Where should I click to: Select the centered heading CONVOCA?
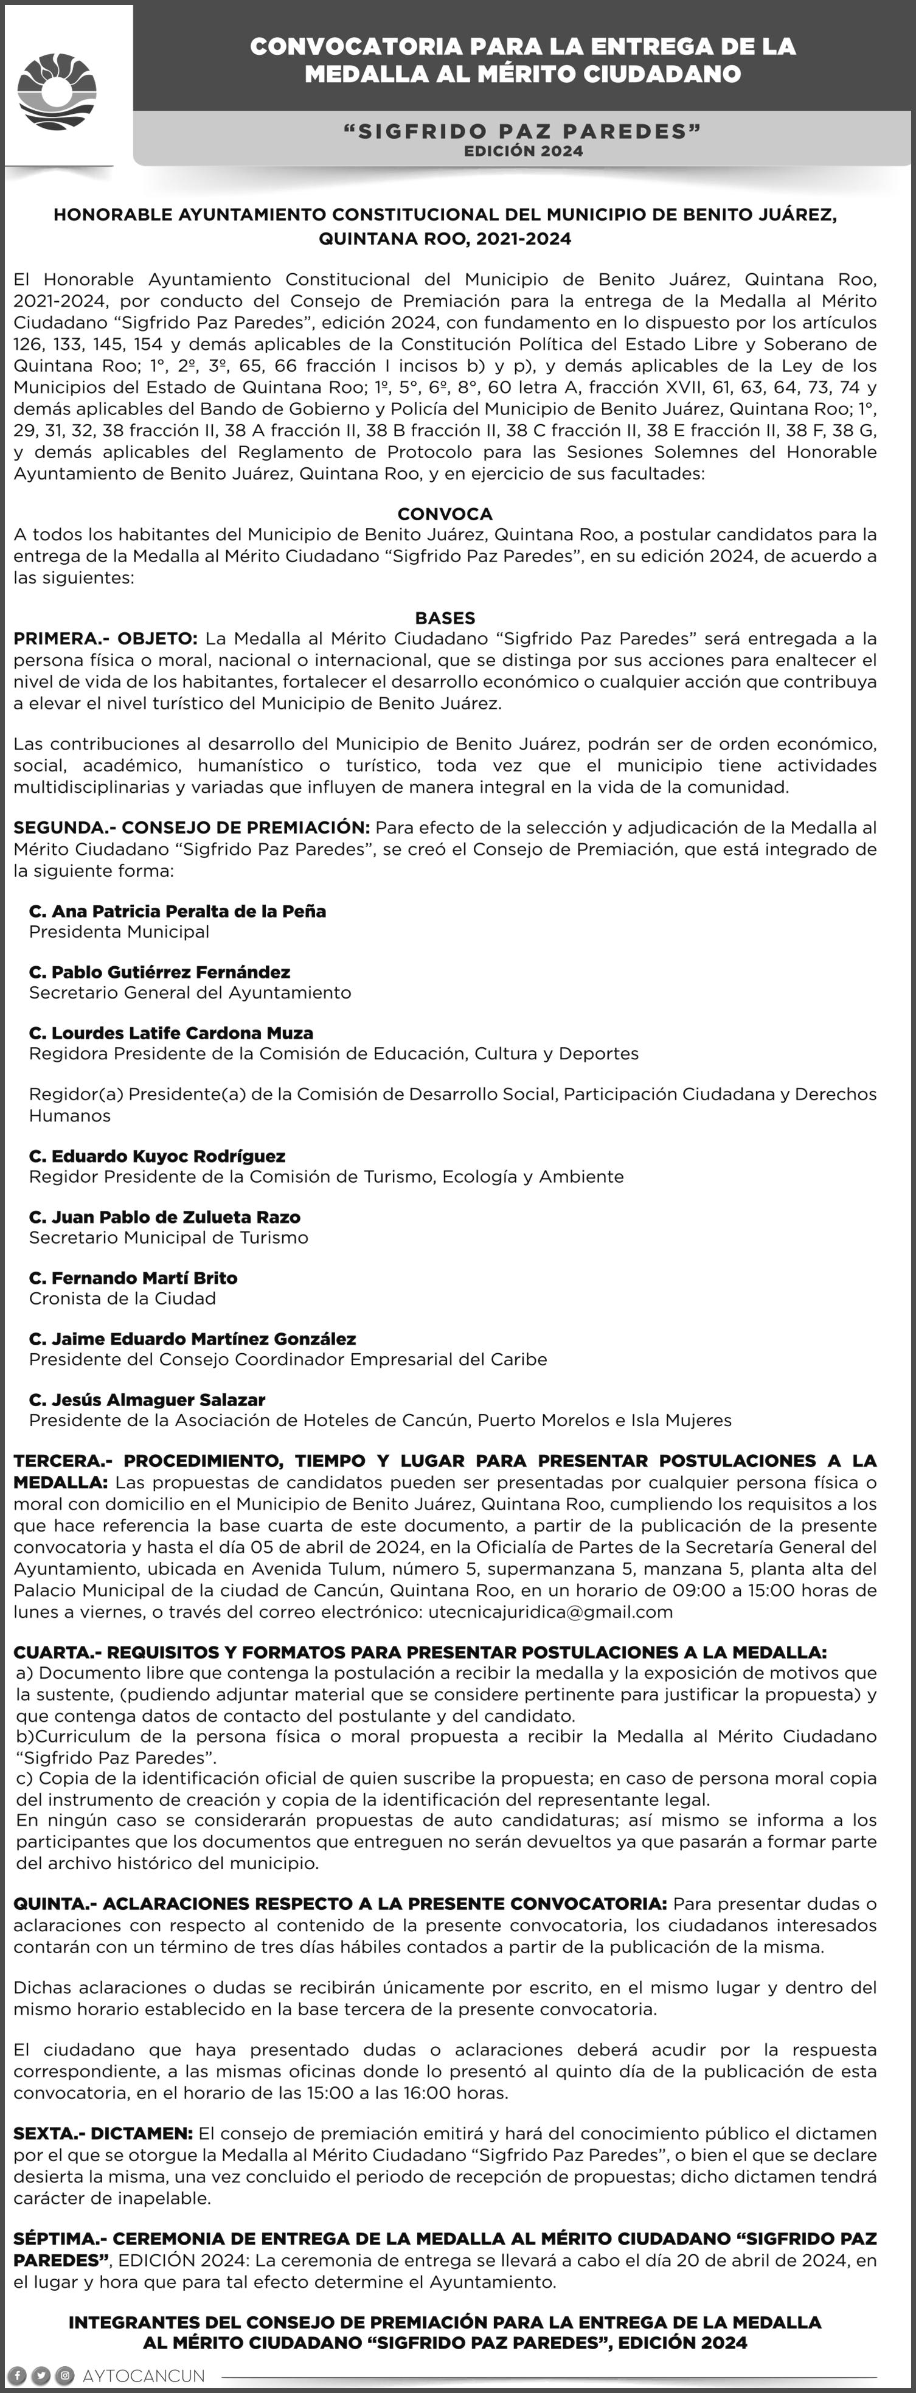coord(445,514)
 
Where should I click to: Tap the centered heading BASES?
coord(445,618)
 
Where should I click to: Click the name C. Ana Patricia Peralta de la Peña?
coord(178,911)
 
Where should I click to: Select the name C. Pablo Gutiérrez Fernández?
coord(160,973)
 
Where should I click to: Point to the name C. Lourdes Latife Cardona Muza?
coord(171,1033)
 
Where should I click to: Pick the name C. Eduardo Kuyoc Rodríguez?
coord(157,1157)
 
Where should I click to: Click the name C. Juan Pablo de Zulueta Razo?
coord(164,1217)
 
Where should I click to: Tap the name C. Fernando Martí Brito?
coord(133,1278)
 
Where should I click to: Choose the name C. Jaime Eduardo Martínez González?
coord(192,1339)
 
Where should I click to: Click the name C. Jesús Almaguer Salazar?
coord(147,1400)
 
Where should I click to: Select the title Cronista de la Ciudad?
coord(123,1298)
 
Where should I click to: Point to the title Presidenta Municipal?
coord(119,932)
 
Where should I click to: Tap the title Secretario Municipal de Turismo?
coord(168,1238)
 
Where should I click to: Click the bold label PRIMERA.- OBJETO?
coord(105,639)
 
